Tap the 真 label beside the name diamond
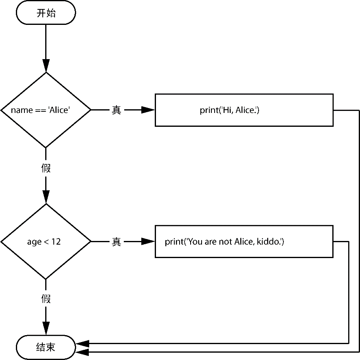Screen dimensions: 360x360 tap(116, 110)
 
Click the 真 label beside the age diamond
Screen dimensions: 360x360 tap(116, 242)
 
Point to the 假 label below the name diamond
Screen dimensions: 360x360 tap(46, 168)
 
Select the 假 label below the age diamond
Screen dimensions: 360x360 tap(46, 298)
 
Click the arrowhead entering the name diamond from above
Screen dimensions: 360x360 tap(46, 66)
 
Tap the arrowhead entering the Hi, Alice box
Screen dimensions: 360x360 tap(148, 110)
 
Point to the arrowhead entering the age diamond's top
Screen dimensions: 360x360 tap(46, 197)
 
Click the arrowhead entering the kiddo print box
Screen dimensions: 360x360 tap(148, 242)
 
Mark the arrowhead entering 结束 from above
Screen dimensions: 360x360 tap(46, 329)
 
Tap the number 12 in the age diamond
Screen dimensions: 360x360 tap(56, 242)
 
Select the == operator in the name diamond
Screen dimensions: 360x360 tap(40, 110)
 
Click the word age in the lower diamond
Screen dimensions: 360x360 tap(34, 242)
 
